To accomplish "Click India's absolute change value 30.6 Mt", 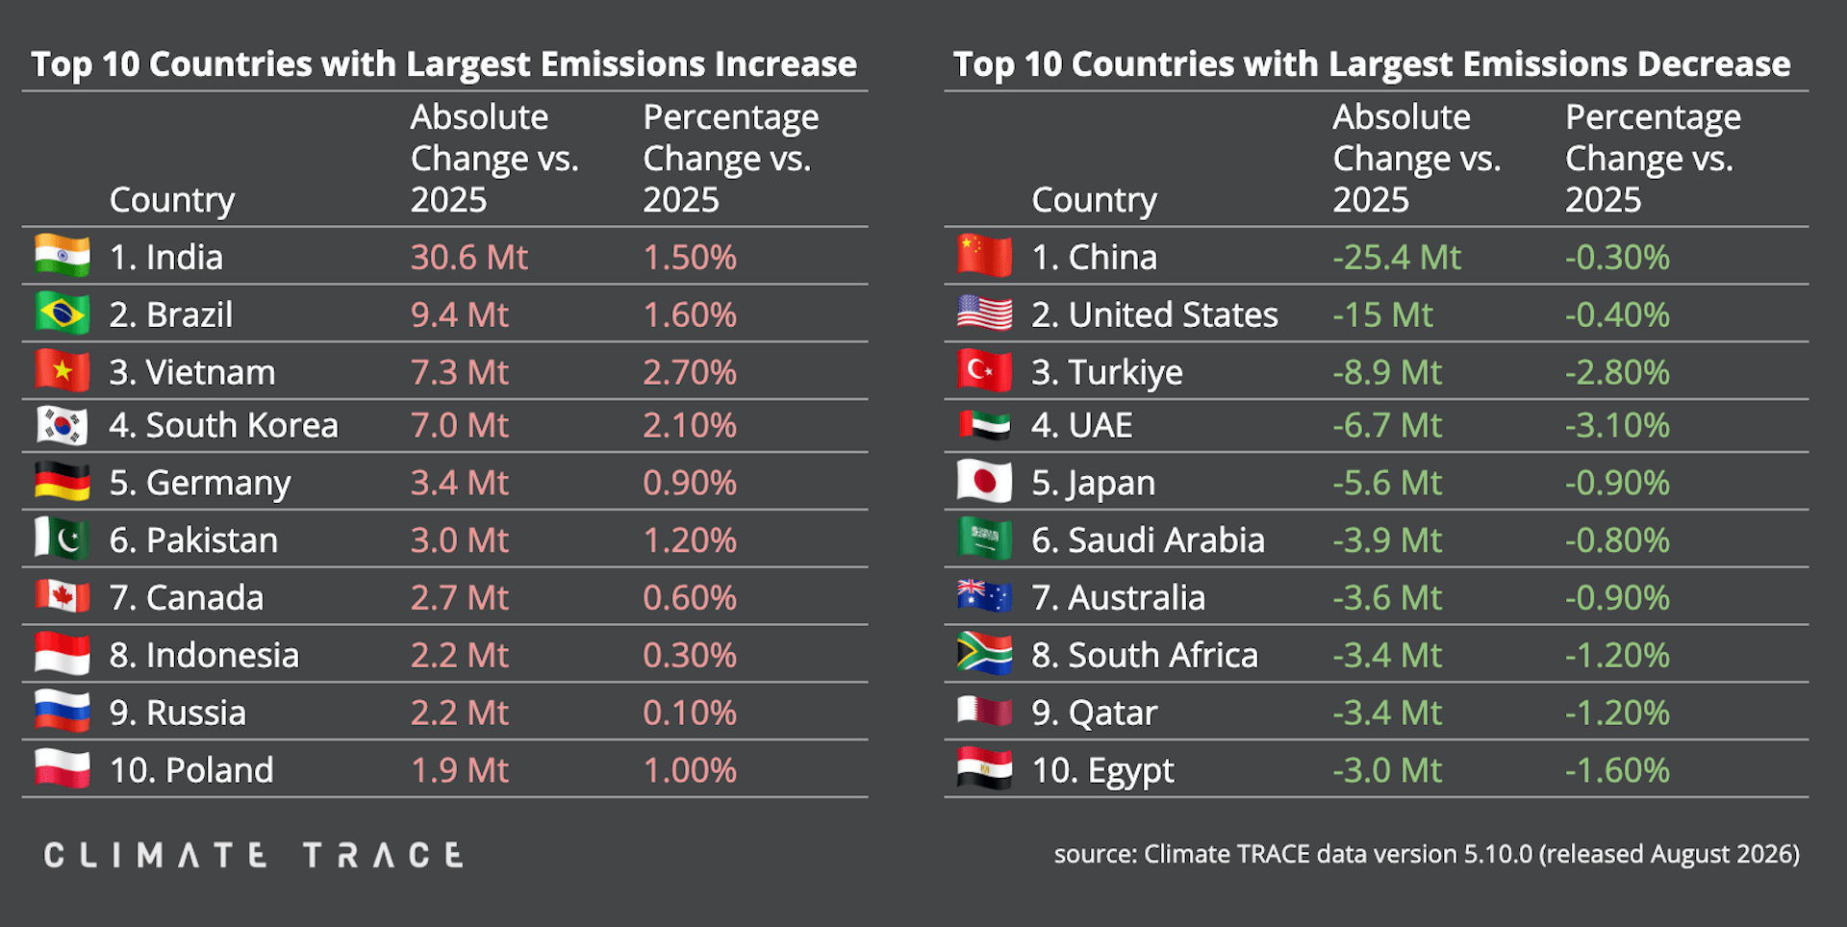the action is (x=469, y=258).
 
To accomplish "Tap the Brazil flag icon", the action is (x=63, y=313).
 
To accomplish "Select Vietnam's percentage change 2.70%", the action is (x=690, y=372).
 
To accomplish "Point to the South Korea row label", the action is (x=223, y=425).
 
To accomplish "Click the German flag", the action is (x=63, y=482).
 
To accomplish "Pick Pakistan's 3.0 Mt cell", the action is (x=460, y=540).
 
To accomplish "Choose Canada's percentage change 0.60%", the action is (x=690, y=598).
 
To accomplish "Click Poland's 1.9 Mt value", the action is (x=460, y=770).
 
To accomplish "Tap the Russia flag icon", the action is (x=63, y=712).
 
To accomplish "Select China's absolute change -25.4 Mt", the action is (x=1397, y=258).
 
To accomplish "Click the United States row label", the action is (x=1154, y=314).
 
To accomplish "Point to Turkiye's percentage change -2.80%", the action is (x=1617, y=372).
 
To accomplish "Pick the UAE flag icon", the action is (x=985, y=425).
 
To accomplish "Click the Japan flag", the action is (x=985, y=482).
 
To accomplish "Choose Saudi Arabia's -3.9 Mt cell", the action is (x=1387, y=540).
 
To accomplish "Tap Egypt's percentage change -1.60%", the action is (x=1617, y=770).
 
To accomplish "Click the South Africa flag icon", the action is (x=985, y=654).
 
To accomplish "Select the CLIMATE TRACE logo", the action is (x=254, y=855).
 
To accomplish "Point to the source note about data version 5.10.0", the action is (x=1427, y=854).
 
